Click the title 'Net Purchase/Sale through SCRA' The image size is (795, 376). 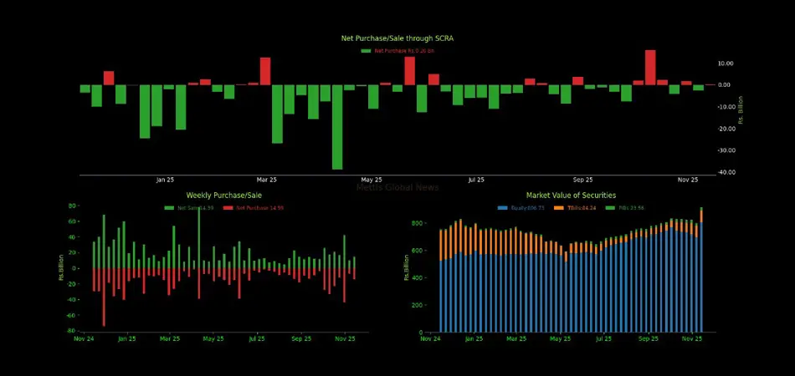pos(397,38)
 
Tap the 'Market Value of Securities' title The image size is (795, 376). pos(571,195)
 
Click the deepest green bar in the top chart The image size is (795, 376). pos(337,127)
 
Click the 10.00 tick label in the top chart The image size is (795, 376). pos(726,64)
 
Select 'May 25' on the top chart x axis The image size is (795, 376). pos(372,180)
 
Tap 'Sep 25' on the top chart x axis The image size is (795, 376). pos(583,180)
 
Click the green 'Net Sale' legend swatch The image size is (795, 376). pos(170,208)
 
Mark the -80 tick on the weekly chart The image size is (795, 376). pos(73,331)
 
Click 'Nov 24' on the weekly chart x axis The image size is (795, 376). pos(84,339)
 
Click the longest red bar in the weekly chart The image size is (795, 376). pos(104,297)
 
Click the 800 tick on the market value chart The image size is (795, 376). pos(418,224)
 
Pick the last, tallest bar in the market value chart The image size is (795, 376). pos(701,270)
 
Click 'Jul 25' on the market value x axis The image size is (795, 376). pos(604,339)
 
